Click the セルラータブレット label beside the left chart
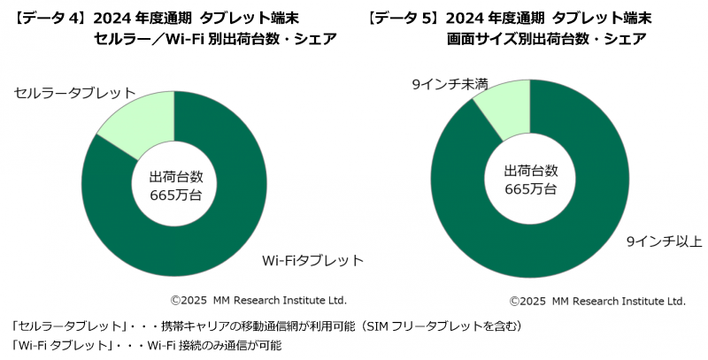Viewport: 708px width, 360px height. click(x=75, y=92)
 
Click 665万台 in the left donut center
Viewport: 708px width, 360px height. click(x=175, y=195)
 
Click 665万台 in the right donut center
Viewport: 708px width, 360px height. click(x=530, y=188)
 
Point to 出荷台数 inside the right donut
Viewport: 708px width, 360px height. click(x=530, y=170)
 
